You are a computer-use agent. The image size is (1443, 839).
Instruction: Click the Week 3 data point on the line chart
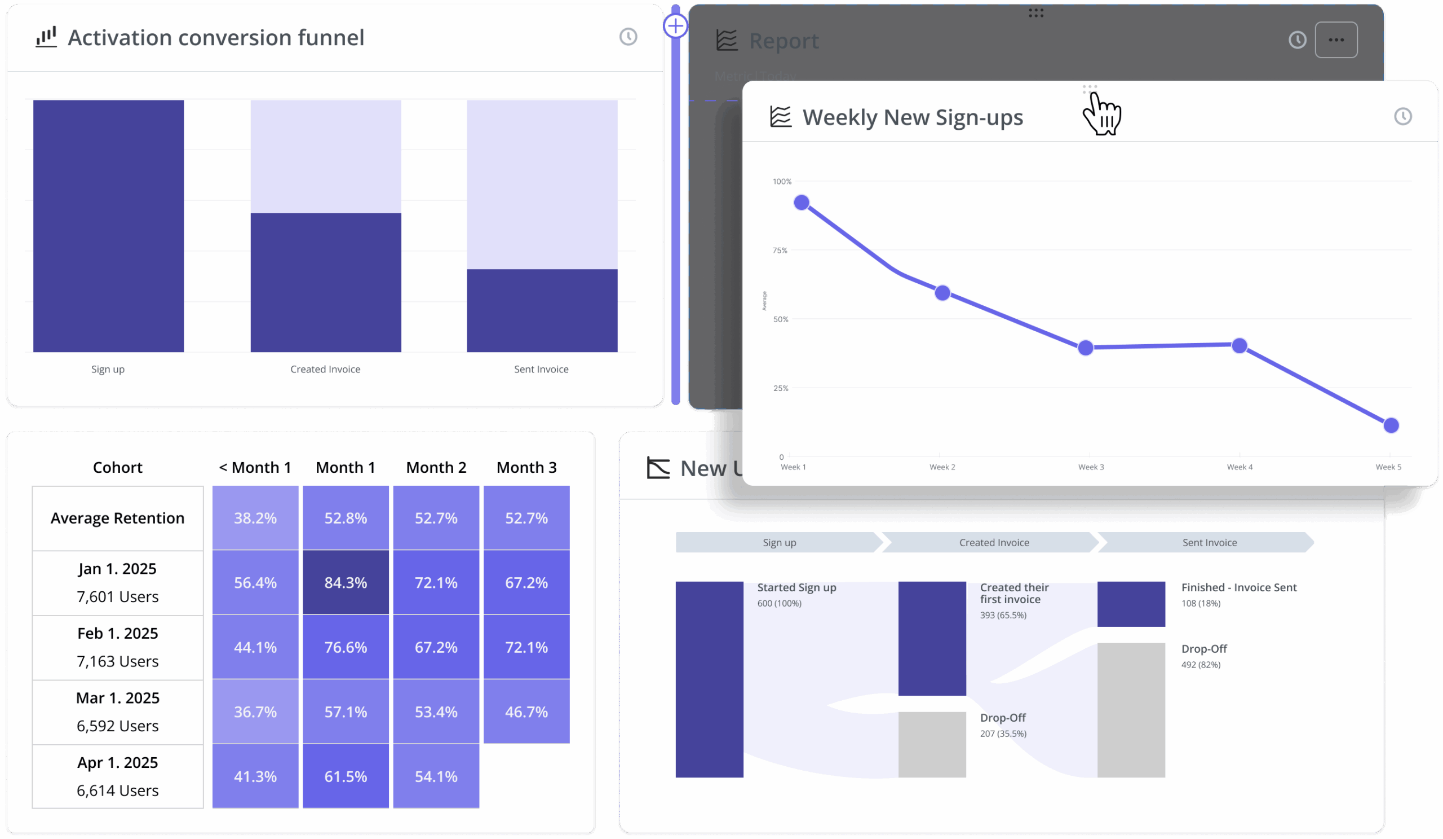tap(1085, 348)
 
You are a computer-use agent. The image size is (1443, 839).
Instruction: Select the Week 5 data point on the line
tap(1391, 425)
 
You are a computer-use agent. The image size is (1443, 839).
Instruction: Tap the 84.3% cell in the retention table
tap(346, 582)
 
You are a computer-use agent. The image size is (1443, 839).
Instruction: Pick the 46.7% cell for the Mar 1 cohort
tap(526, 712)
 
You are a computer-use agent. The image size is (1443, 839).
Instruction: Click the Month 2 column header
tap(436, 468)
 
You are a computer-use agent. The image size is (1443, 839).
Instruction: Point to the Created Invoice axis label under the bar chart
tap(325, 369)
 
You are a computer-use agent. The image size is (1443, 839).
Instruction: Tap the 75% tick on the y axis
tap(780, 251)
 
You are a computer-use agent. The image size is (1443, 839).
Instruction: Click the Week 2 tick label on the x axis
tap(942, 467)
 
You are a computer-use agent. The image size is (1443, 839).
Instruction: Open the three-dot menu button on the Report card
tap(1336, 40)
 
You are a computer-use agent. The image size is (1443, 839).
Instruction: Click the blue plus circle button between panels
tap(676, 26)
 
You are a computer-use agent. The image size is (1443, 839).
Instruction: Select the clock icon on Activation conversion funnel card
tap(628, 37)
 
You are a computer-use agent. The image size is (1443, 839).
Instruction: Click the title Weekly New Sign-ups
tap(912, 117)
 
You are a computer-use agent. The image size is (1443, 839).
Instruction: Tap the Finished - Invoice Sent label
tap(1238, 587)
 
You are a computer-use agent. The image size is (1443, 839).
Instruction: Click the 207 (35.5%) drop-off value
tap(1003, 733)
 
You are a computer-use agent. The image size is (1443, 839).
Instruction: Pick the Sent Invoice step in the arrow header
tap(1210, 543)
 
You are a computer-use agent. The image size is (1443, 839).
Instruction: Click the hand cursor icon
tap(1103, 114)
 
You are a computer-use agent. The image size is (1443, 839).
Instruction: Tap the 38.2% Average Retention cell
tap(255, 518)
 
